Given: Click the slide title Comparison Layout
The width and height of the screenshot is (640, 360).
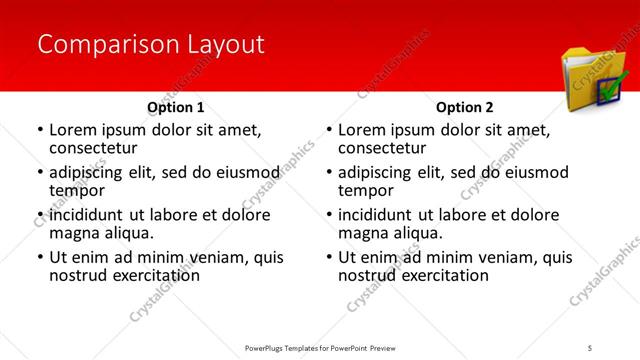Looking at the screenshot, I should [x=150, y=44].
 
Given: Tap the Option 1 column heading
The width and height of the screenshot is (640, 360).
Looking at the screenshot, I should [x=176, y=106].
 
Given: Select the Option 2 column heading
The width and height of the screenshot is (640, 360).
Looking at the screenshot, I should [x=465, y=106].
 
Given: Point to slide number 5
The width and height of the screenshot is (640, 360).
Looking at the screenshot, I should [x=591, y=347].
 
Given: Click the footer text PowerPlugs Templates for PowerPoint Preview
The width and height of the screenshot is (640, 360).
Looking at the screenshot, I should [x=319, y=347].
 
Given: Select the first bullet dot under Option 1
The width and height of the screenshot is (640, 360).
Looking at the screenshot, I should [x=39, y=130].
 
